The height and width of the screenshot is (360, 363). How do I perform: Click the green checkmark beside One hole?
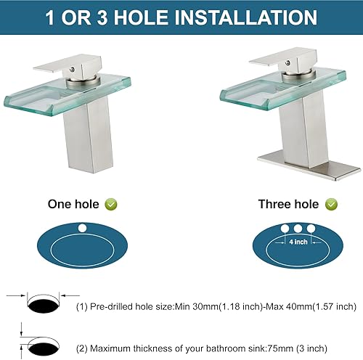[x=110, y=205]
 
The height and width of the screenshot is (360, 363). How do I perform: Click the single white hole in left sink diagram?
[x=81, y=231]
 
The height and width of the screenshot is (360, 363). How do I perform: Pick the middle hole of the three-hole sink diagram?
[x=297, y=229]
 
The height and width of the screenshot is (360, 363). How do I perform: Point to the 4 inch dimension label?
[x=297, y=242]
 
